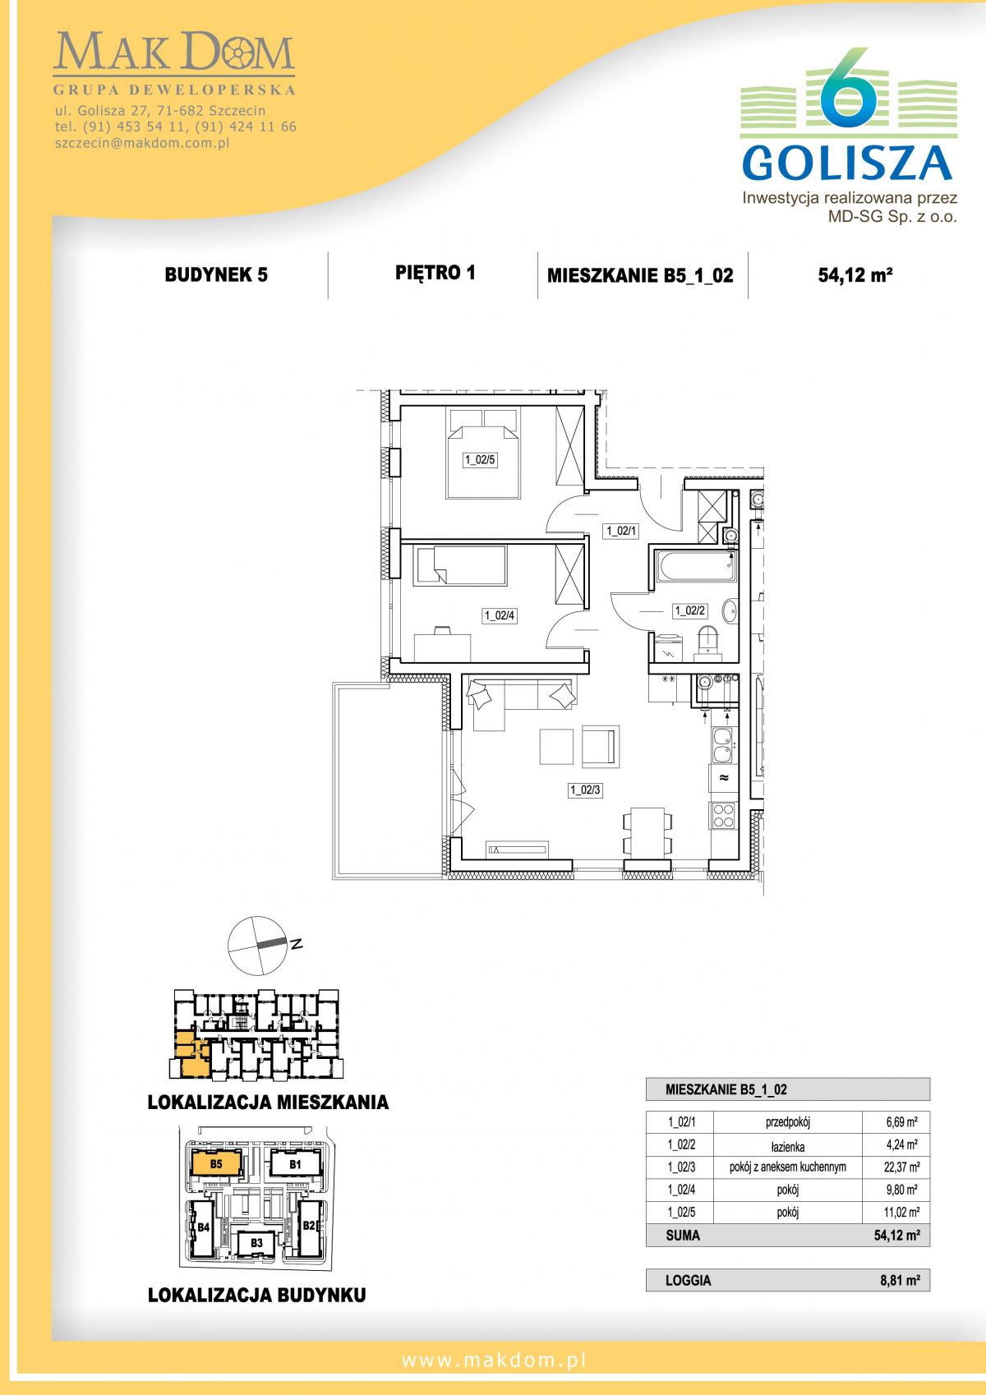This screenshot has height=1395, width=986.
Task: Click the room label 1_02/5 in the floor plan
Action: click(480, 460)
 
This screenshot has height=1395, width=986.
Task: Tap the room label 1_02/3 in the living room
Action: click(585, 790)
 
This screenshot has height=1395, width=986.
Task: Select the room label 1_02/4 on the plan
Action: click(500, 616)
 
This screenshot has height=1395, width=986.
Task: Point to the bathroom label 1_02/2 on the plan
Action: click(689, 611)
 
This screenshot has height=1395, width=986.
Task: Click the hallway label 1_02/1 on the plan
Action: click(621, 532)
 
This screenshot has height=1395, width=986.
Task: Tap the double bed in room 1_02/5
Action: click(482, 453)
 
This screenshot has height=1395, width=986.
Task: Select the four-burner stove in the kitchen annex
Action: click(723, 815)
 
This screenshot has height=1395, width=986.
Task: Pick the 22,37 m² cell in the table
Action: click(901, 1167)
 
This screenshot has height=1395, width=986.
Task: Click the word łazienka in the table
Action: click(787, 1147)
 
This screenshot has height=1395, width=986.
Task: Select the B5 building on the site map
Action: click(216, 1163)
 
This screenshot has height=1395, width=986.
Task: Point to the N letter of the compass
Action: click(297, 944)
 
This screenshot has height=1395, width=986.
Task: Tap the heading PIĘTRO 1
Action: click(435, 273)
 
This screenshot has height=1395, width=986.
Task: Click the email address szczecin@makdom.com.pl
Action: click(142, 143)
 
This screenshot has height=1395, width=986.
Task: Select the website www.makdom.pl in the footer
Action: click(494, 1360)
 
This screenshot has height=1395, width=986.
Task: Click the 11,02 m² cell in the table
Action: click(901, 1212)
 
